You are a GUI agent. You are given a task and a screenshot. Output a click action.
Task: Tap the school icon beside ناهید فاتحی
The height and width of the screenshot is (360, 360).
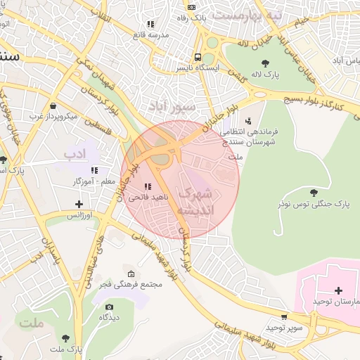click(147, 186)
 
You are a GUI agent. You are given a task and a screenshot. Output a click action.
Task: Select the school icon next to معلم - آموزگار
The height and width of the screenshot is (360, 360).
click(94, 170)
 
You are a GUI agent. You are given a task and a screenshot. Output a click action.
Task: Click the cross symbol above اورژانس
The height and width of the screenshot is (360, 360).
click(79, 204)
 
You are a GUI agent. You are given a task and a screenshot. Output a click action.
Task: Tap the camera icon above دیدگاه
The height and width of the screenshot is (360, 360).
click(109, 307)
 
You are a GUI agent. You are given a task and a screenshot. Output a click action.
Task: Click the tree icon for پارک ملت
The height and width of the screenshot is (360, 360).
click(65, 338)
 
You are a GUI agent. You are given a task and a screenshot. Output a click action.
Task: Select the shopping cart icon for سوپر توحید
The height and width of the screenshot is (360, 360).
click(284, 317)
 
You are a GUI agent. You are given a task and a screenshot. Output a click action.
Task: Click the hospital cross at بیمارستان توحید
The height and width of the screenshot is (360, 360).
click(338, 290)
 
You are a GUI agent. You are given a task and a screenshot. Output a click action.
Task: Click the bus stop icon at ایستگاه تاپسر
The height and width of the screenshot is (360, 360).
click(198, 57)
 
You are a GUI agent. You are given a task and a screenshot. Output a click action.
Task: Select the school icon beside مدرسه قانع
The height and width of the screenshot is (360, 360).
click(150, 23)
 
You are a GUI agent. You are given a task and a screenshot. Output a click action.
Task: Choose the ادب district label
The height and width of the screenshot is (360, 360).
click(75, 153)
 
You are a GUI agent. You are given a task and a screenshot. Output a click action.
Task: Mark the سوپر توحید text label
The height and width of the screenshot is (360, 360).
click(285, 328)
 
